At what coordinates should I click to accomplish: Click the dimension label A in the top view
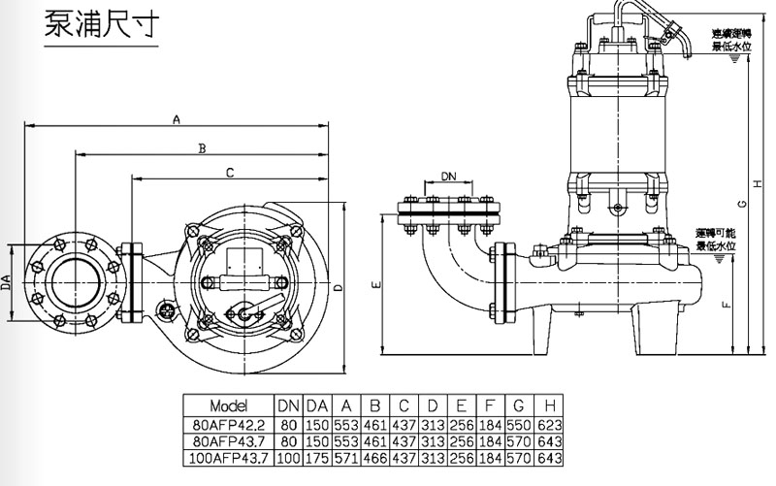[177, 119]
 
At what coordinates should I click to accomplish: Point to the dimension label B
[203, 148]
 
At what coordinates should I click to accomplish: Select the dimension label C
[230, 174]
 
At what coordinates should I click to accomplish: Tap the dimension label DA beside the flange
[7, 281]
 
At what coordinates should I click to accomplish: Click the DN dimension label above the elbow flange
[448, 177]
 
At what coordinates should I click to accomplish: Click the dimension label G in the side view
[740, 204]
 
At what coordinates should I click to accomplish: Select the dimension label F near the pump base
[727, 305]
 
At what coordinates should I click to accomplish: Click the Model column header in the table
[229, 405]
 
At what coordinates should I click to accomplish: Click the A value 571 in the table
[345, 457]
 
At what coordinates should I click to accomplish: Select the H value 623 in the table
[549, 423]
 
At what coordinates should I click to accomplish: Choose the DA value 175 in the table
[316, 457]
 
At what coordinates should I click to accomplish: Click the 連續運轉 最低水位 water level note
[730, 40]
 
